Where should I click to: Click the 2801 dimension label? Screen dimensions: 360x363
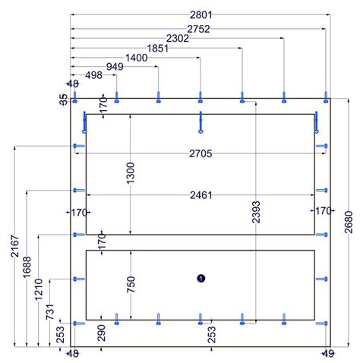pyautogui.click(x=201, y=15)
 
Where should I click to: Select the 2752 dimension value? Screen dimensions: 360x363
pyautogui.click(x=198, y=29)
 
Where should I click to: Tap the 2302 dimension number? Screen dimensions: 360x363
pyautogui.click(x=178, y=39)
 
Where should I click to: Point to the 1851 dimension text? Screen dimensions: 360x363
pyautogui.click(x=157, y=48)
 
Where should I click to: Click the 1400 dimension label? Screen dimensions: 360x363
pyautogui.click(x=137, y=58)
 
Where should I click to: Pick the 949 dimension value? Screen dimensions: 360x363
pyautogui.click(x=115, y=67)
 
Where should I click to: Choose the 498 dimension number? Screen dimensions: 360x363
pyautogui.click(x=93, y=75)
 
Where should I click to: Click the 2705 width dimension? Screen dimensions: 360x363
pyautogui.click(x=201, y=153)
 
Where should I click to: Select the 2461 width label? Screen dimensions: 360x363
pyautogui.click(x=201, y=195)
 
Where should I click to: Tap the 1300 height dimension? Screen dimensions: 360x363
pyautogui.click(x=131, y=173)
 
